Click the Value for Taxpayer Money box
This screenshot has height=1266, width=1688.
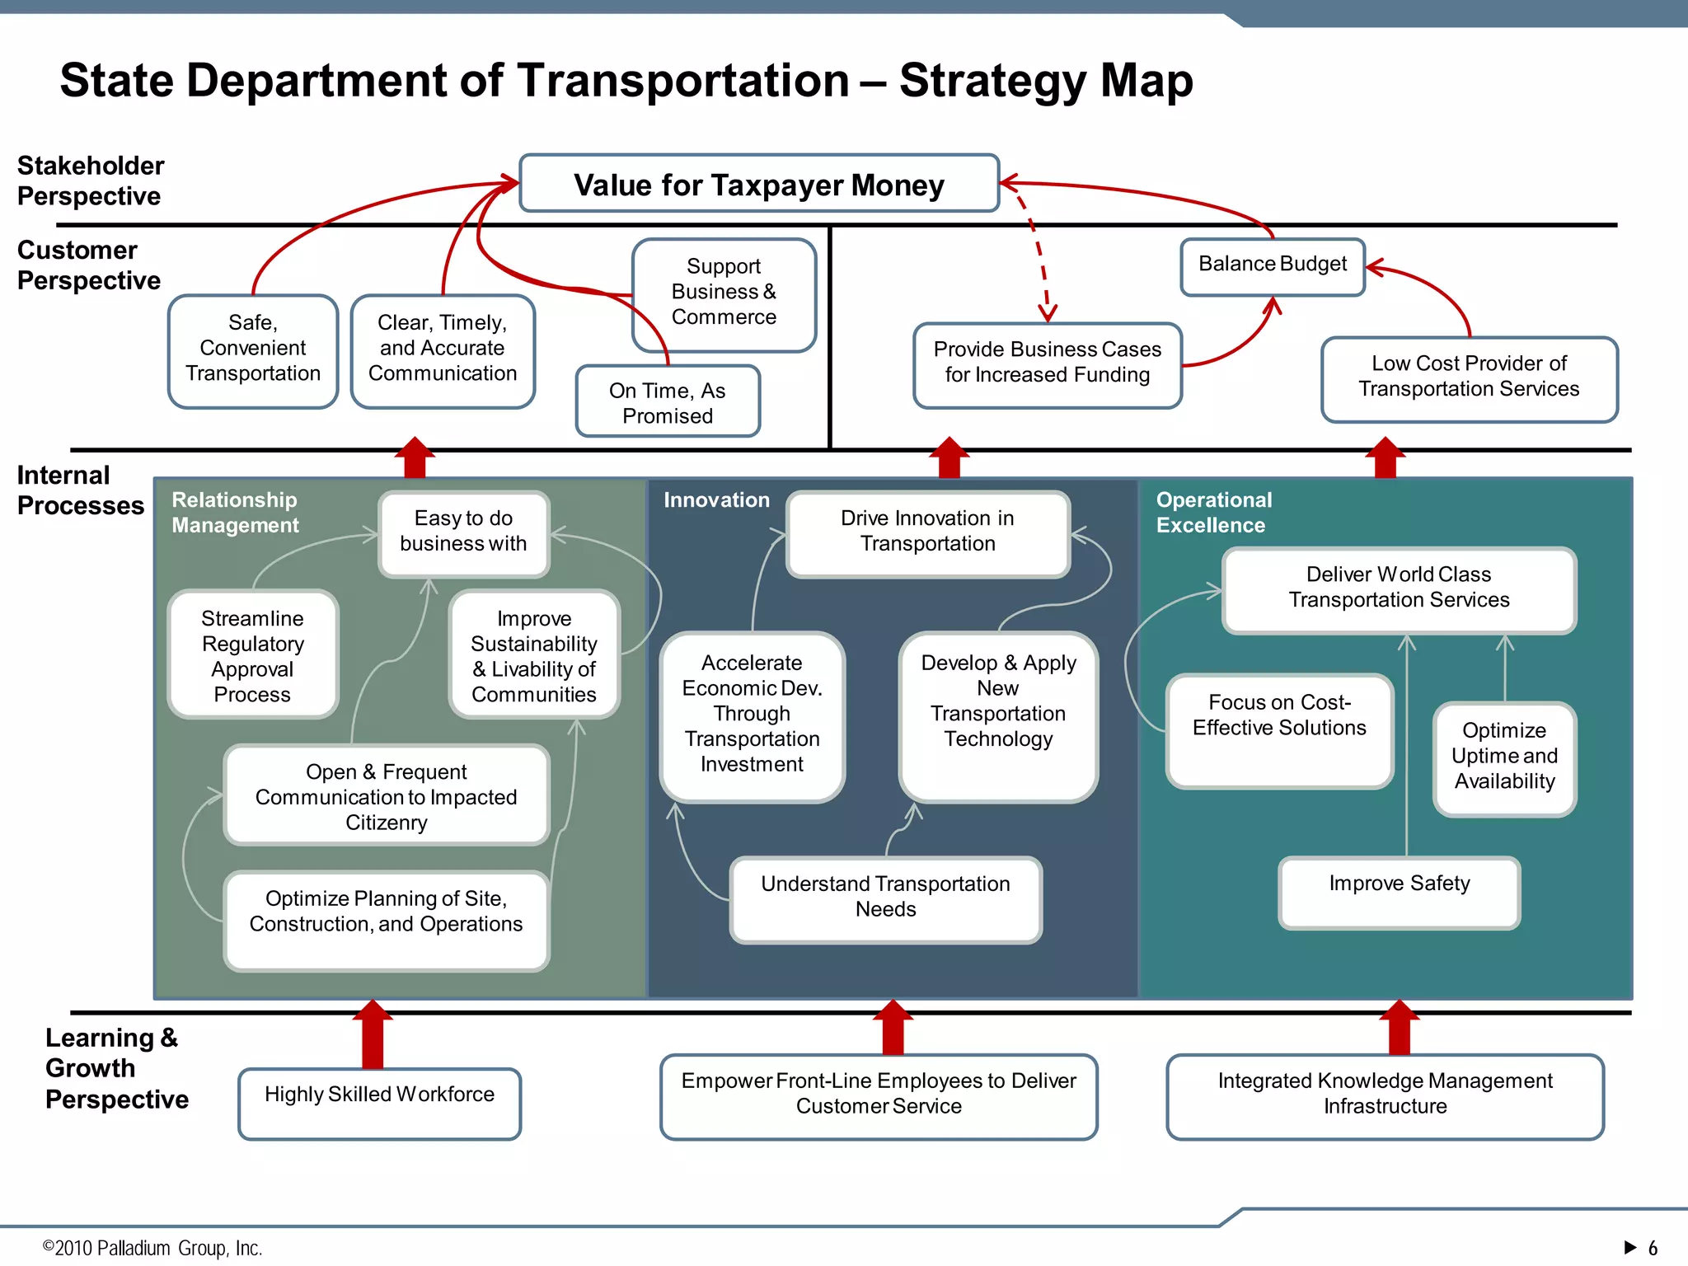pyautogui.click(x=759, y=184)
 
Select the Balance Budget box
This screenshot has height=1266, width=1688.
pyautogui.click(x=1273, y=265)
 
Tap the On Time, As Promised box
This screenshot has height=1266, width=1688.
pyautogui.click(x=668, y=402)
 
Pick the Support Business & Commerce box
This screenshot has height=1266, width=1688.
pyautogui.click(x=724, y=293)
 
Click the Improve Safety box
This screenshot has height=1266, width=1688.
pyautogui.click(x=1399, y=892)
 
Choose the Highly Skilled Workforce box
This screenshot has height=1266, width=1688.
pyautogui.click(x=379, y=1103)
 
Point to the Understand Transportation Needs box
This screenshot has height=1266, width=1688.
pyautogui.click(x=885, y=898)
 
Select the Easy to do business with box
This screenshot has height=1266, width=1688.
pyautogui.click(x=463, y=532)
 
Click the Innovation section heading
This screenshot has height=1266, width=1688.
pyautogui.click(x=716, y=500)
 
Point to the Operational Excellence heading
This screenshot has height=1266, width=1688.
pyautogui.click(x=1213, y=513)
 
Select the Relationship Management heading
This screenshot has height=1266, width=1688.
pyautogui.click(x=235, y=513)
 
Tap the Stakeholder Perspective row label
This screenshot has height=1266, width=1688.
pyautogui.click(x=90, y=181)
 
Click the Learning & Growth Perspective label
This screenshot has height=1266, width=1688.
pyautogui.click(x=115, y=1068)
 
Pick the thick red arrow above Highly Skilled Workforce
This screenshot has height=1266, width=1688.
pyautogui.click(x=373, y=1034)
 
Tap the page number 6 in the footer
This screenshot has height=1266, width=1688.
pyautogui.click(x=1653, y=1248)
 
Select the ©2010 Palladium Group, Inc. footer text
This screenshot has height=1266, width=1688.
pyautogui.click(x=152, y=1248)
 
